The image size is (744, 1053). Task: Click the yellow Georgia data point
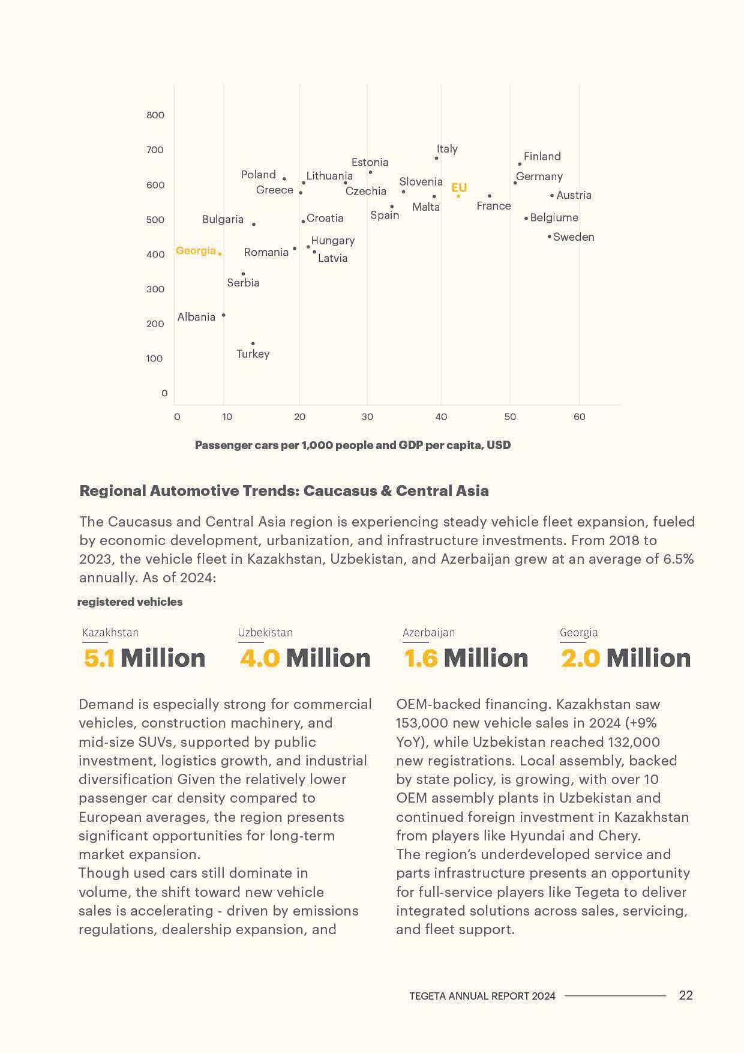point(220,254)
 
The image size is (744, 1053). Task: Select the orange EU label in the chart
point(459,187)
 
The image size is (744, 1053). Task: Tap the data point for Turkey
point(253,344)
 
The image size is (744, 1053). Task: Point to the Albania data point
point(224,315)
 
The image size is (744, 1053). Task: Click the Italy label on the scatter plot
point(447,148)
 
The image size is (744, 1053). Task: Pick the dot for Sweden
point(549,237)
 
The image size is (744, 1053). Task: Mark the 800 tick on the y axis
point(155,115)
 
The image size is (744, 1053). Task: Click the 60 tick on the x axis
point(579,417)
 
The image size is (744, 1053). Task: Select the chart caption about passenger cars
point(353,445)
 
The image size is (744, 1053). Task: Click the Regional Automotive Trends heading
point(284,490)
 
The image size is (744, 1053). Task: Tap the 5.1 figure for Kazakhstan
point(99,658)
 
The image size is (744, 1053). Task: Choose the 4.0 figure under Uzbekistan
point(260,658)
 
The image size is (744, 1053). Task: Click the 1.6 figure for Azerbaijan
point(421,658)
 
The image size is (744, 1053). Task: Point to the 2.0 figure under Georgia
point(580,658)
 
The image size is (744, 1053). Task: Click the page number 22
point(686,995)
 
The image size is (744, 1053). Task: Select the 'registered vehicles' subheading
point(130,602)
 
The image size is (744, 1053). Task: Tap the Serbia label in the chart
point(243,282)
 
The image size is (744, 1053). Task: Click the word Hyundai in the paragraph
point(536,835)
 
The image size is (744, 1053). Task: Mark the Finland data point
point(520,164)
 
